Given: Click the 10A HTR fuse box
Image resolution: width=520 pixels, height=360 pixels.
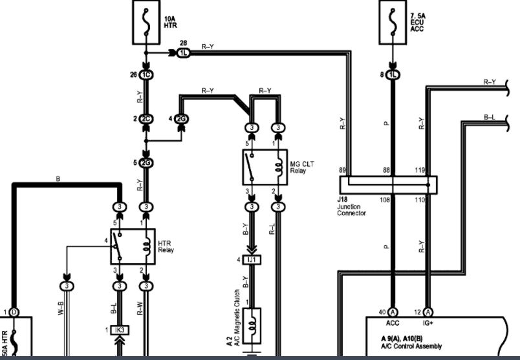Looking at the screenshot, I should tap(147, 22).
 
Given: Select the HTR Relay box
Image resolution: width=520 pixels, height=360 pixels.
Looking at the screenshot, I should tap(133, 246).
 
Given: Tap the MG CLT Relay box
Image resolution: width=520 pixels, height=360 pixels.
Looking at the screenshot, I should tap(265, 167).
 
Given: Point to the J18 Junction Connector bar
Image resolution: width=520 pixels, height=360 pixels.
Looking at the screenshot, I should tap(388, 184).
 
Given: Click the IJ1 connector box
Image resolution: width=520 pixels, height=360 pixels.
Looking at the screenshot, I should tap(252, 259).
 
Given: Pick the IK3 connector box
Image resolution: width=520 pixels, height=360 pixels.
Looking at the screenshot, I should tap(119, 330).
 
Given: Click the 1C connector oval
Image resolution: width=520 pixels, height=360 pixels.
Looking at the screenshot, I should tap(146, 74).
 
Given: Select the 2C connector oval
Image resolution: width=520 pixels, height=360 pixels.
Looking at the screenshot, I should tap(146, 119).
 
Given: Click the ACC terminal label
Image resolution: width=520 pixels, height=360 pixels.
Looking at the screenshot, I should tap(393, 321).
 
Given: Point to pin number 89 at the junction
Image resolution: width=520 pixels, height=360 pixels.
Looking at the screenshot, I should tap(343, 171).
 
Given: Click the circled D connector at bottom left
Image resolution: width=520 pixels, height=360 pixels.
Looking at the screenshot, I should tap(14, 312).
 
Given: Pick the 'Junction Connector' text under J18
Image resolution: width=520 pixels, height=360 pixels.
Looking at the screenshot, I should tap(351, 209).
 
